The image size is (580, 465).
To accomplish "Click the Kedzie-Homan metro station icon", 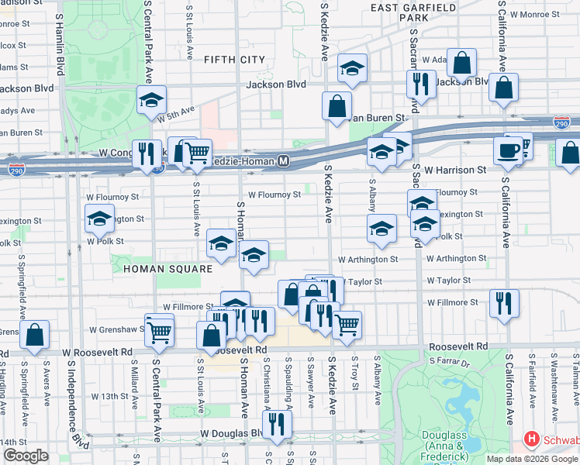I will [284, 161].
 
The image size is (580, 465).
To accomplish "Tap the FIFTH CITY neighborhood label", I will [234, 60].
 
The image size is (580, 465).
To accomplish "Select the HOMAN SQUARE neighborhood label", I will [167, 269].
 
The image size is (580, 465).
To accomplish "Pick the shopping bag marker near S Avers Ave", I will [35, 334].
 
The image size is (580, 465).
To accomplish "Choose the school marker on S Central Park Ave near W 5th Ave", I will [152, 99].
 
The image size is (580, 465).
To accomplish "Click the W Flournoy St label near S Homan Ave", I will [274, 195].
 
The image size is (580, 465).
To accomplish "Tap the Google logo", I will [25, 456].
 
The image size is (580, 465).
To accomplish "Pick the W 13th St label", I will [109, 396].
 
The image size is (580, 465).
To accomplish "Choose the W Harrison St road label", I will [454, 169].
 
